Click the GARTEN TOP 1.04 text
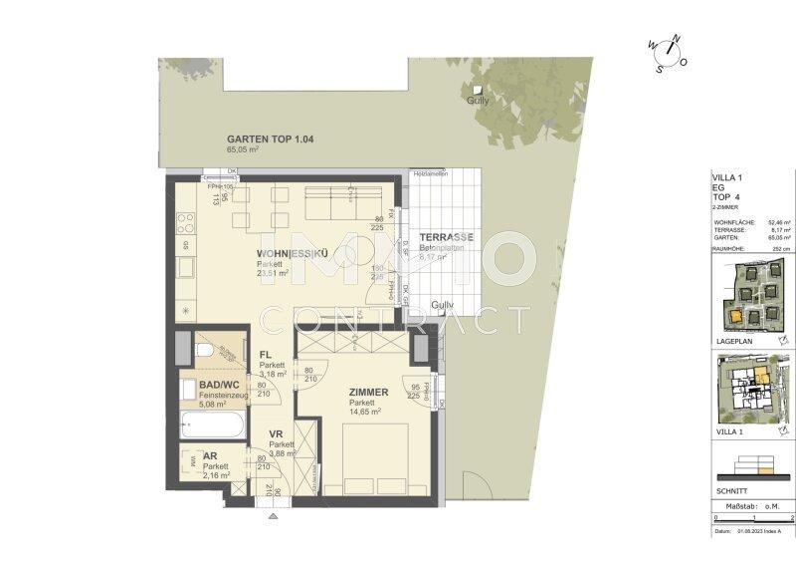coord(271,140)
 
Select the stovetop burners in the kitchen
coord(184,220)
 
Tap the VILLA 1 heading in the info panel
coord(727,176)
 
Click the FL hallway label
coord(266,355)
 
